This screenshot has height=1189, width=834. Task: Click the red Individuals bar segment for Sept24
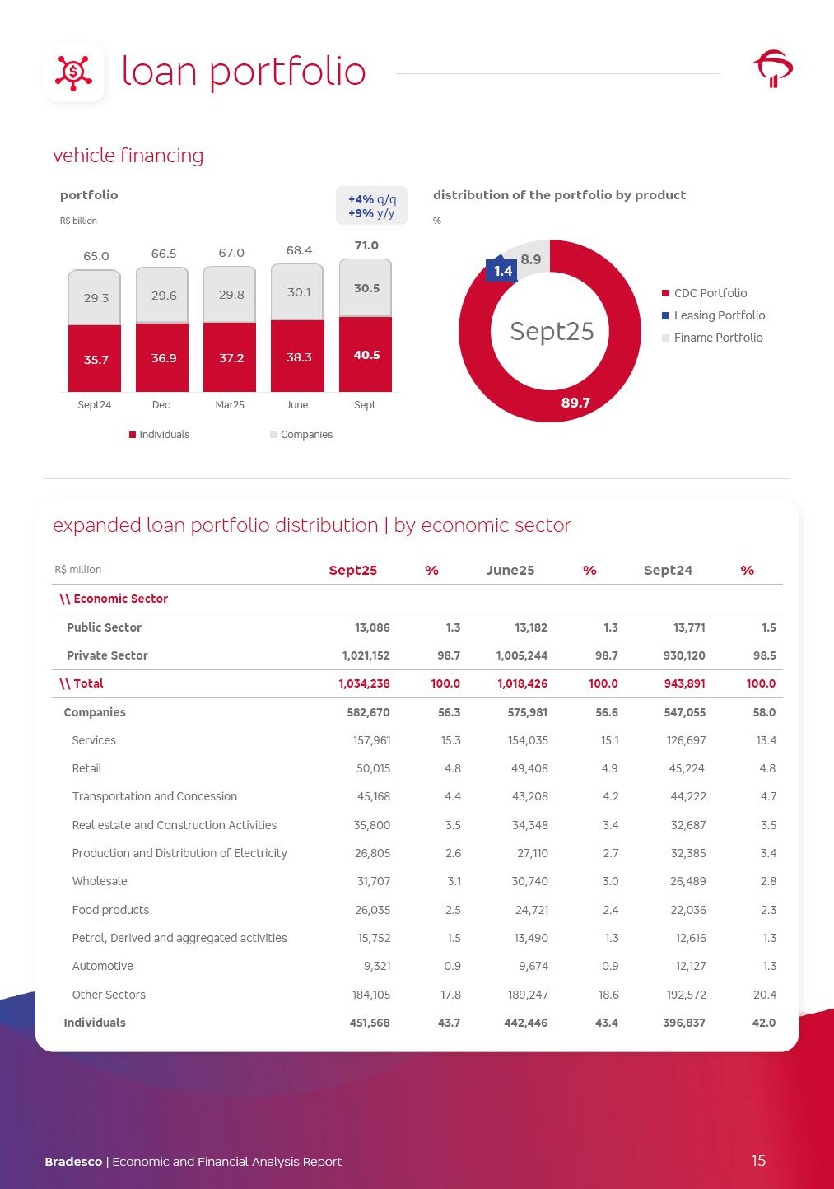click(95, 358)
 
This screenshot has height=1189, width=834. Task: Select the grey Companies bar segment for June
click(297, 291)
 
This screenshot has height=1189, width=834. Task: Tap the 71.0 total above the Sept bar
click(366, 245)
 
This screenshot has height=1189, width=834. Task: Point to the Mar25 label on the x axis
click(230, 405)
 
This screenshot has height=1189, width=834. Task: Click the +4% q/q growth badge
click(371, 199)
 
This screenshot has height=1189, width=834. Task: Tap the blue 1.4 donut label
click(502, 271)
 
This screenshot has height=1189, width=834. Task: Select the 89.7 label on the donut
click(575, 403)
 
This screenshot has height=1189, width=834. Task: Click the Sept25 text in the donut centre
click(552, 331)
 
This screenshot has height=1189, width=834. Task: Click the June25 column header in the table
click(510, 570)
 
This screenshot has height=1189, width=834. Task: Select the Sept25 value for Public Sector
click(372, 627)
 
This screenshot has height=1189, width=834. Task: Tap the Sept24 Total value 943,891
click(684, 683)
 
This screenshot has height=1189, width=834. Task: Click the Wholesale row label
click(100, 881)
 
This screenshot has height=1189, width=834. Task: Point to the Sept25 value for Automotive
click(375, 966)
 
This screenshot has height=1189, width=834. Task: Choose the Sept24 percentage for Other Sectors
click(764, 995)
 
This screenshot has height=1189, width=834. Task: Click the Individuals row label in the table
click(95, 1023)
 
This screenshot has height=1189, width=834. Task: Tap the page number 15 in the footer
click(758, 1160)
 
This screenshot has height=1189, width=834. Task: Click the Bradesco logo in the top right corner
click(773, 69)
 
